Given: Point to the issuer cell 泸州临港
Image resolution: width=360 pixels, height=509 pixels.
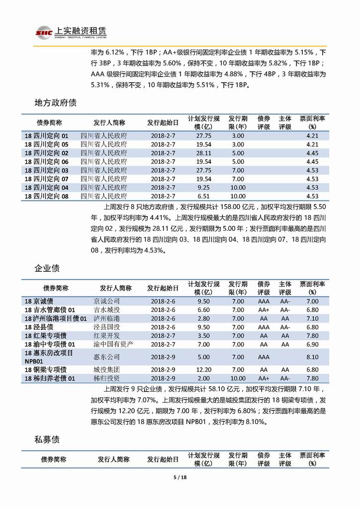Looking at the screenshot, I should point(107,318).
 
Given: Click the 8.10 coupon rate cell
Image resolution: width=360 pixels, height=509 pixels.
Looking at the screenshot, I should point(312,357).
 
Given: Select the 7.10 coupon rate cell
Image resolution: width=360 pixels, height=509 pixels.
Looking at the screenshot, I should point(312,318).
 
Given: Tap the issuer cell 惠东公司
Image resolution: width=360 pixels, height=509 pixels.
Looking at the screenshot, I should point(107,357).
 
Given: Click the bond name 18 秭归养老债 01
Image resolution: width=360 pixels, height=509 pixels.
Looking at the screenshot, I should point(50,379).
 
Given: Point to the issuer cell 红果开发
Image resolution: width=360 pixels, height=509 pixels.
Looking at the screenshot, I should point(107,335).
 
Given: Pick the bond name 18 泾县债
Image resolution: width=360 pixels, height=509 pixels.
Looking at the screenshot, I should point(39,327).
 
